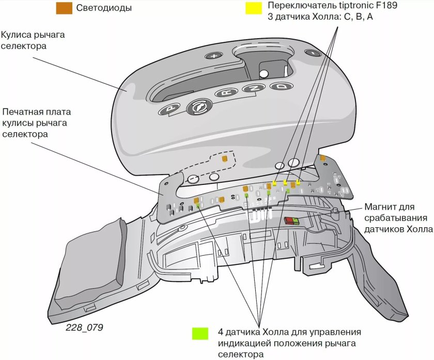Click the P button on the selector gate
[x=169, y=109]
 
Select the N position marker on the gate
[x=254, y=88]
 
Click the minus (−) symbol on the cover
[x=313, y=53]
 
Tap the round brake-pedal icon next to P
[x=198, y=106]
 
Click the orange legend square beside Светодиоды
[x=64, y=8]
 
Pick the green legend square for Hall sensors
[x=199, y=333]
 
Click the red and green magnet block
[x=291, y=221]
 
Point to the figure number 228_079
[x=84, y=327]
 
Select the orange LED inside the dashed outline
[x=225, y=159]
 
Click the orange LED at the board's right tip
[x=322, y=158]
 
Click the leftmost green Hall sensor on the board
[x=198, y=205]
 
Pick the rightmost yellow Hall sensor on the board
[x=298, y=183]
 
